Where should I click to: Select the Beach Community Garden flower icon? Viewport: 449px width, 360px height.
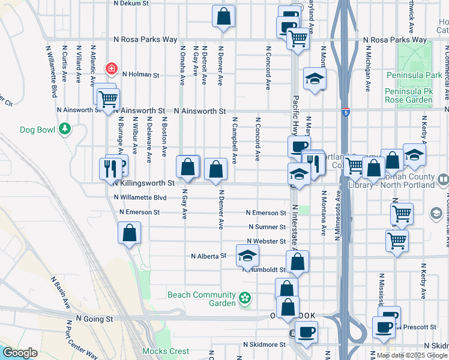[244, 298]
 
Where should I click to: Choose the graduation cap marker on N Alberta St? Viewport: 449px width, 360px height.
[247, 256]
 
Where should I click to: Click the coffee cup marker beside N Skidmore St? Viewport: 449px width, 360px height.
[306, 332]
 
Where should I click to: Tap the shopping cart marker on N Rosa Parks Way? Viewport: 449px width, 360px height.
[298, 39]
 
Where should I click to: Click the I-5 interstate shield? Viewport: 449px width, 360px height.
[345, 112]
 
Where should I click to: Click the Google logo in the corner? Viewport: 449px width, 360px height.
[20, 352]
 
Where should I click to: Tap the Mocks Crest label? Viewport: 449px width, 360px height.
[165, 351]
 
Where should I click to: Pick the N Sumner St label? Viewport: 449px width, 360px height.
[267, 227]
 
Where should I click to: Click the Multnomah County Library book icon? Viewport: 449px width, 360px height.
[443, 179]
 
